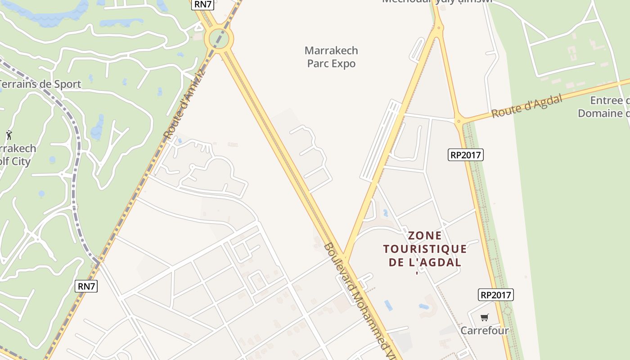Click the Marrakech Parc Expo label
[x=331, y=57]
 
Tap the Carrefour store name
[x=484, y=331]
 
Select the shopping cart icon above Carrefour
[x=484, y=318]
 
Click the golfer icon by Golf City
[x=9, y=135]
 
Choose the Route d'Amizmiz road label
[x=184, y=104]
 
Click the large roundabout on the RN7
[x=219, y=38]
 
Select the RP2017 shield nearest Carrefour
[x=495, y=295]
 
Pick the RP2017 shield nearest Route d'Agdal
[x=466, y=155]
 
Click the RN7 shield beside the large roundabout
[x=202, y=4]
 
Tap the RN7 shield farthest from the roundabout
[x=86, y=286]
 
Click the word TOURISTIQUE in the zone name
[x=425, y=249]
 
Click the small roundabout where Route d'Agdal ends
[x=459, y=121]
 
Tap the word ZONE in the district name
[x=425, y=236]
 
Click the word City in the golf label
[x=21, y=162]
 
